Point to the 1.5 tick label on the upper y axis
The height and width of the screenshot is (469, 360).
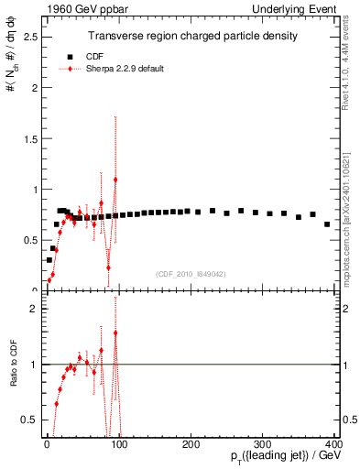[x=29, y=139]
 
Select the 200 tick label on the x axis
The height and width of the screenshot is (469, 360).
[x=191, y=442]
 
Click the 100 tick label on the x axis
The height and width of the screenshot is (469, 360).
[x=118, y=442]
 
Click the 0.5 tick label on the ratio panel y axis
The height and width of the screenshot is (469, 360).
[x=29, y=419]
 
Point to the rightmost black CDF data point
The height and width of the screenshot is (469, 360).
[x=327, y=224]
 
